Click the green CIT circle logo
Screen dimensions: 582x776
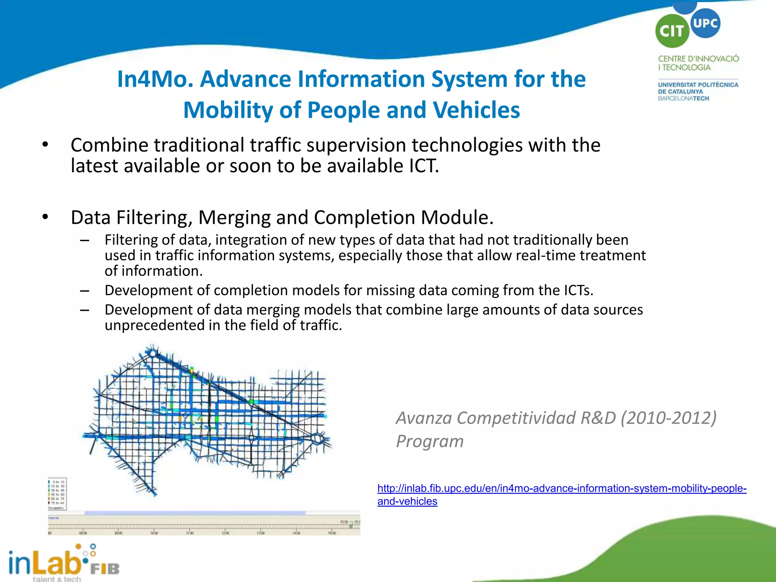[672, 31]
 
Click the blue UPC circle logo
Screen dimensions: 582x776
[705, 23]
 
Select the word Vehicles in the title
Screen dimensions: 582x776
[476, 110]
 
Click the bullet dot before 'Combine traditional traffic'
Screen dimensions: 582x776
[45, 145]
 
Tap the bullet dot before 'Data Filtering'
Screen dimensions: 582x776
[45, 217]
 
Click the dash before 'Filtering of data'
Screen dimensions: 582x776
[84, 240]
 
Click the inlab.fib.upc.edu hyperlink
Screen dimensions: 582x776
[562, 488]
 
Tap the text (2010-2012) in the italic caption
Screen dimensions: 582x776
[668, 418]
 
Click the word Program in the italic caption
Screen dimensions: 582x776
[430, 441]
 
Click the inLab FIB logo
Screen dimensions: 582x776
[64, 563]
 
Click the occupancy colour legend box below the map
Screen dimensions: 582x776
[57, 494]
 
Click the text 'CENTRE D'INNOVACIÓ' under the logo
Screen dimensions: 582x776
[698, 59]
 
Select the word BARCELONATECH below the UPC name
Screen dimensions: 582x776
[683, 99]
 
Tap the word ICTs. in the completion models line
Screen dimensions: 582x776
[578, 291]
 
